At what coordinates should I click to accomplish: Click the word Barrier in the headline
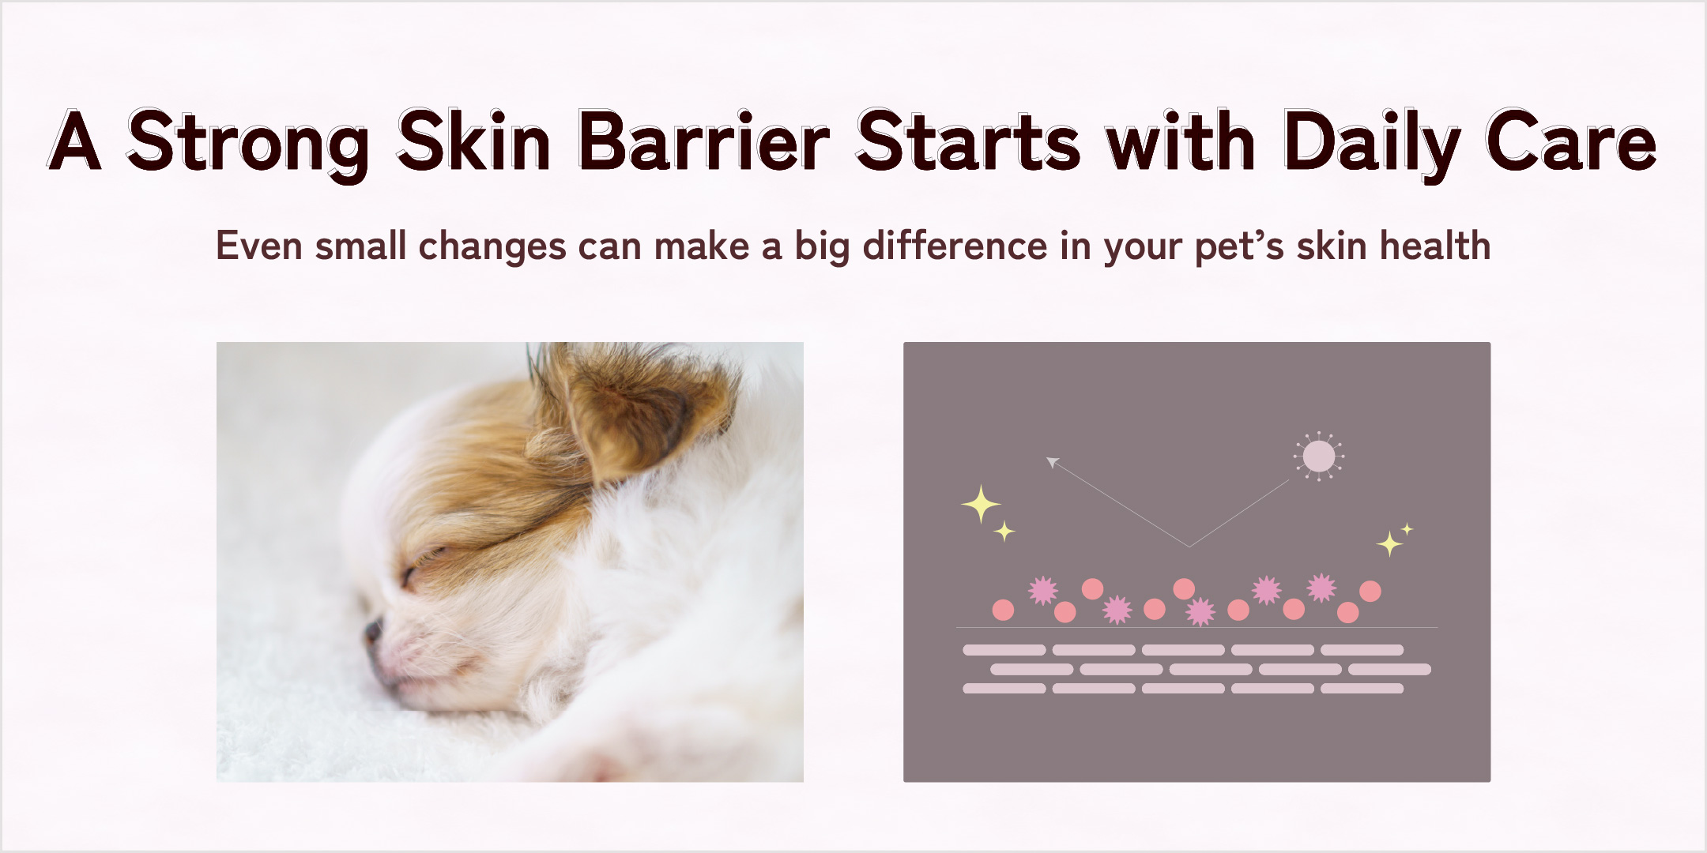tap(703, 141)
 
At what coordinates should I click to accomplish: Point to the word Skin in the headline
tap(473, 140)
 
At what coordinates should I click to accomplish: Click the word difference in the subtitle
tap(955, 246)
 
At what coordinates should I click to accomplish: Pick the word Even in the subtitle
tap(259, 246)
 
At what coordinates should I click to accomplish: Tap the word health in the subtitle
tap(1435, 246)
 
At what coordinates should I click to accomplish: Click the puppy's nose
tap(372, 632)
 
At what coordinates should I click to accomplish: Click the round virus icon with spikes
tap(1318, 456)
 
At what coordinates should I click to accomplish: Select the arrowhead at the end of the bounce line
tap(1053, 462)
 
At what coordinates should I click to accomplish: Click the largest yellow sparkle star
tap(981, 504)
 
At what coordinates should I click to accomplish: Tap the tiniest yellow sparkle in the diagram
tap(1407, 529)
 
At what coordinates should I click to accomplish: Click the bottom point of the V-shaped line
tap(1189, 547)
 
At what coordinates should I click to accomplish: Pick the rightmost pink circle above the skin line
tap(1370, 591)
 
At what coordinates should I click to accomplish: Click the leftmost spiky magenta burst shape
tap(1042, 590)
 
